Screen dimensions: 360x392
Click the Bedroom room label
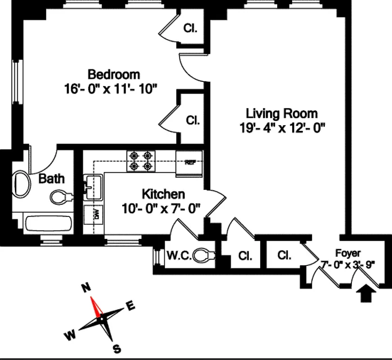[113, 74]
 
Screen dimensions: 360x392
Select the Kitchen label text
[163, 194]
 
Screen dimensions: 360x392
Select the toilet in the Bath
[61, 197]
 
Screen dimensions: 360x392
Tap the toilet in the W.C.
[205, 256]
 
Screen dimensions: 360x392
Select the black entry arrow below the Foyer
[367, 295]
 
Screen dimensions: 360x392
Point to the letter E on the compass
[131, 306]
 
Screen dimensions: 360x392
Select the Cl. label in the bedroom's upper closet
[190, 28]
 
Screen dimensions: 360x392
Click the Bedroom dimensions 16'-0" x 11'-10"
[110, 88]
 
